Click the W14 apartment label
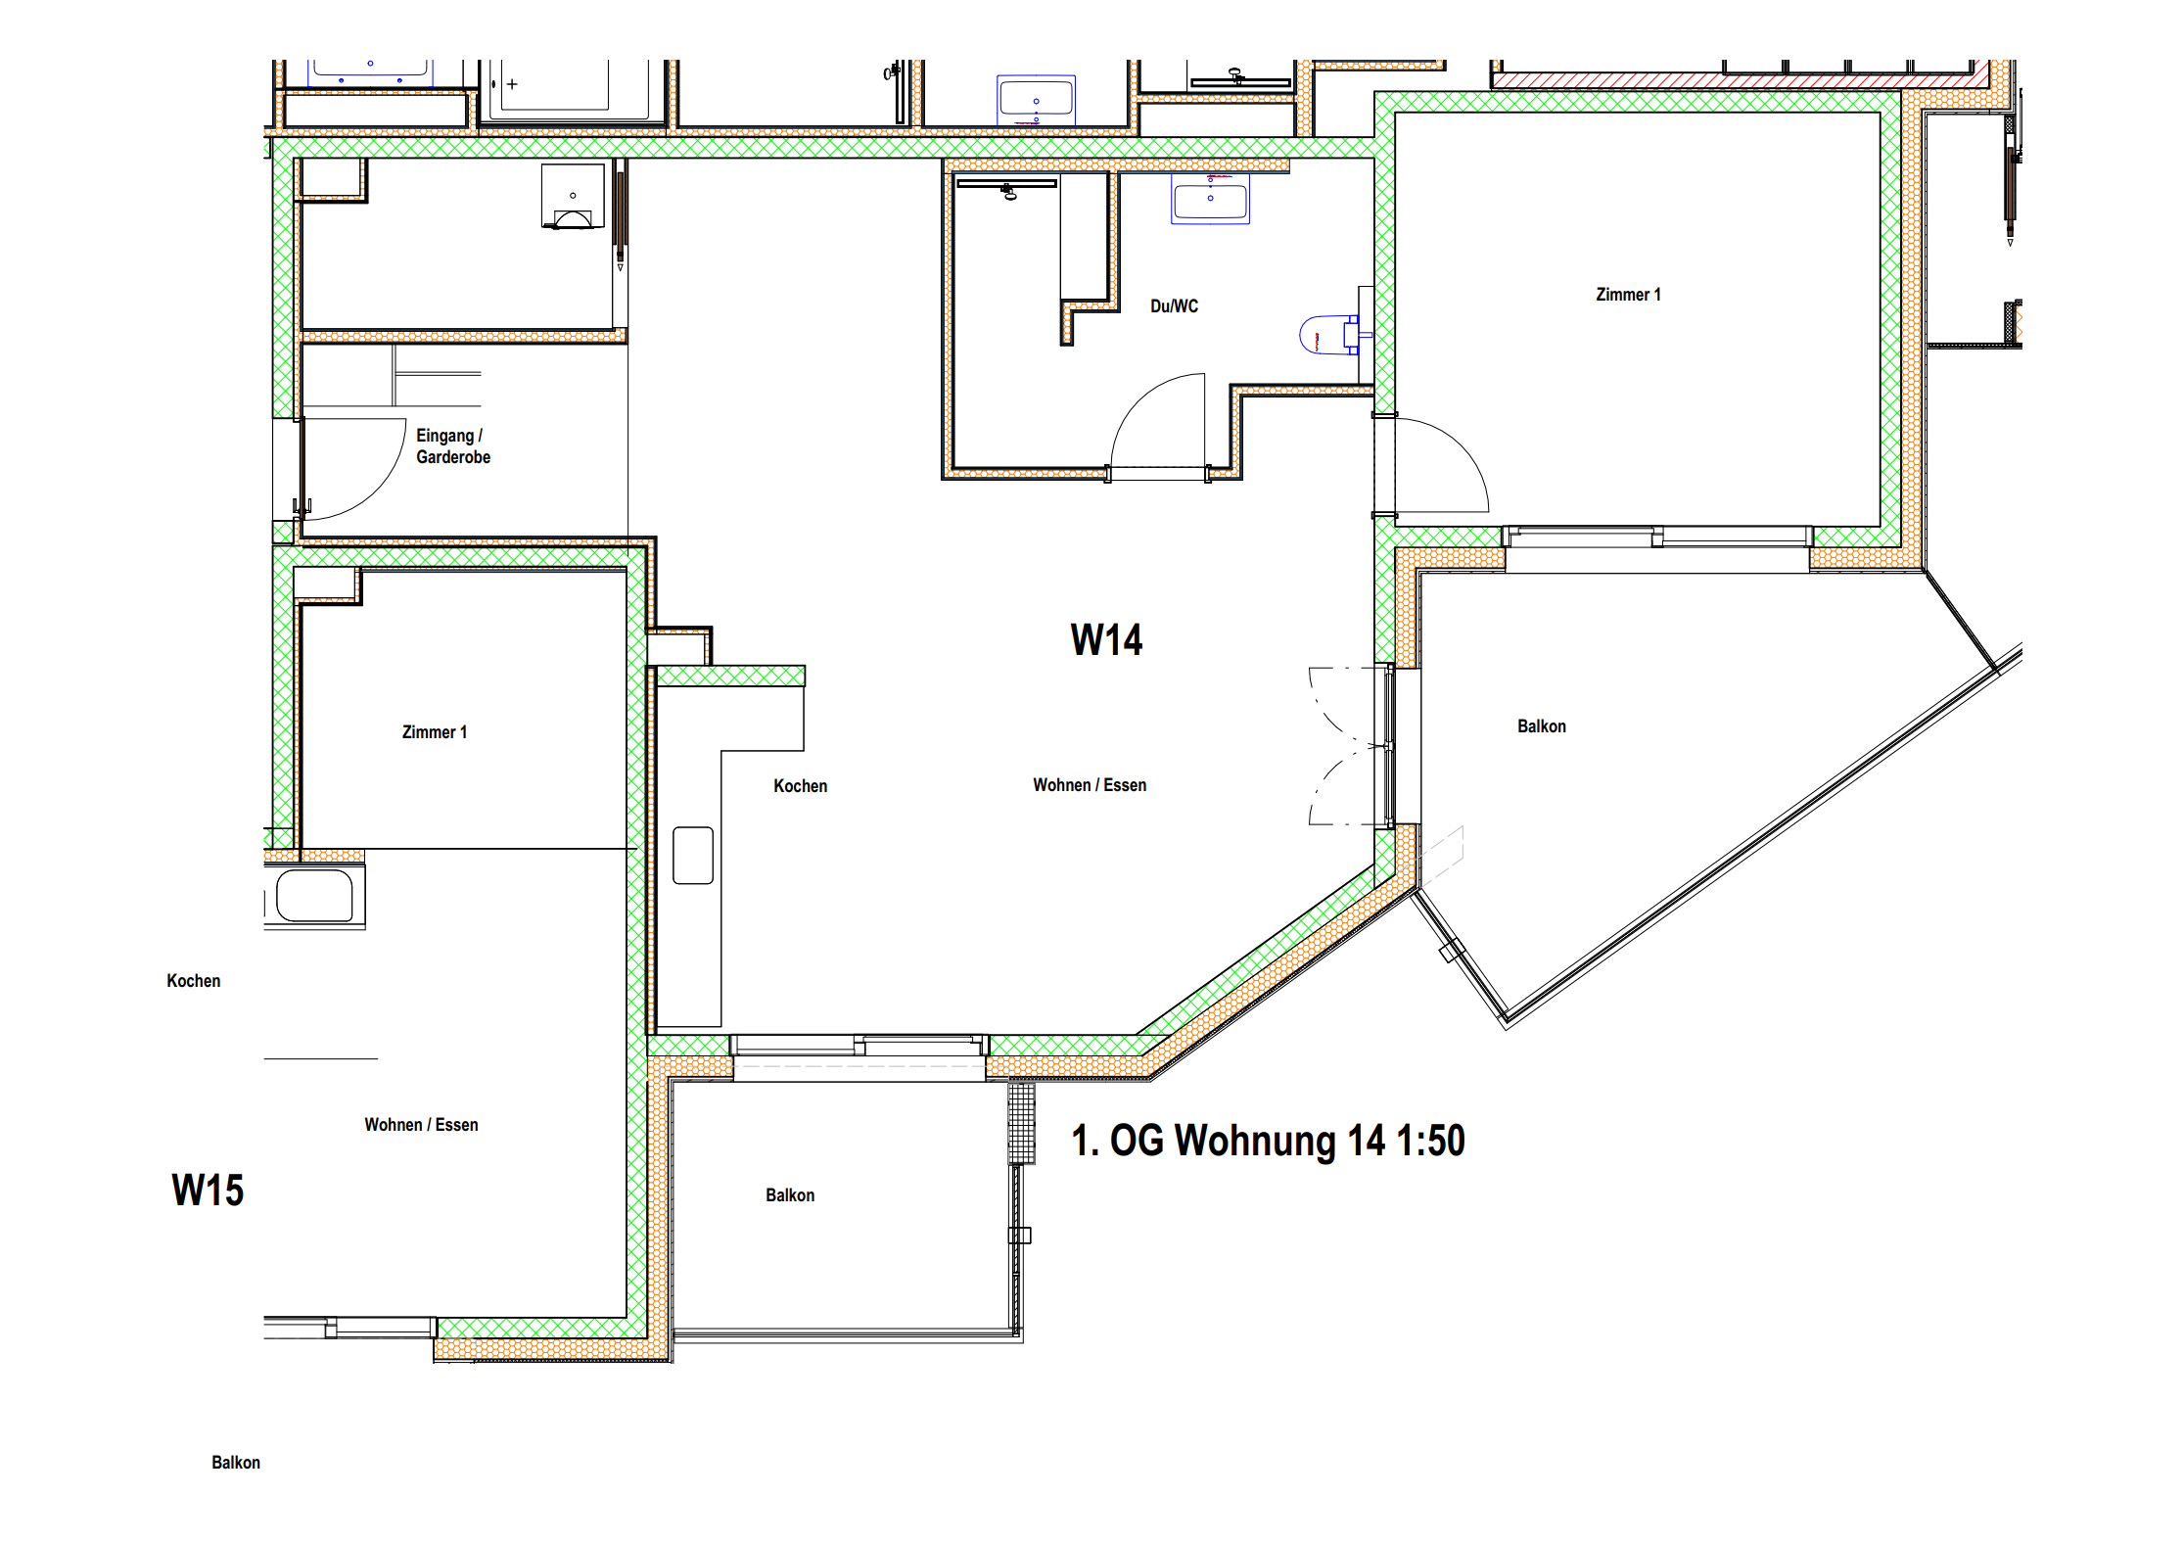point(1106,640)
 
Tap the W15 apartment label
point(208,1191)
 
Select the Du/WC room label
point(1174,306)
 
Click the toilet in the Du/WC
point(1331,335)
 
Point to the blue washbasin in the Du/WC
point(1210,199)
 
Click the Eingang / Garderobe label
point(453,446)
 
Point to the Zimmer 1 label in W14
point(1628,295)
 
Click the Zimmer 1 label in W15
point(435,732)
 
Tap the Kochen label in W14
point(800,786)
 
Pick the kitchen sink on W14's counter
point(693,856)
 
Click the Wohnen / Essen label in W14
point(1090,785)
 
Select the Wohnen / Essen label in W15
point(421,1125)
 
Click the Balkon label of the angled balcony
point(1542,726)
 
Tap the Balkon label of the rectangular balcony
point(790,1195)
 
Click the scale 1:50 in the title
point(1430,1142)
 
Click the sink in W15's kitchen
point(314,896)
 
